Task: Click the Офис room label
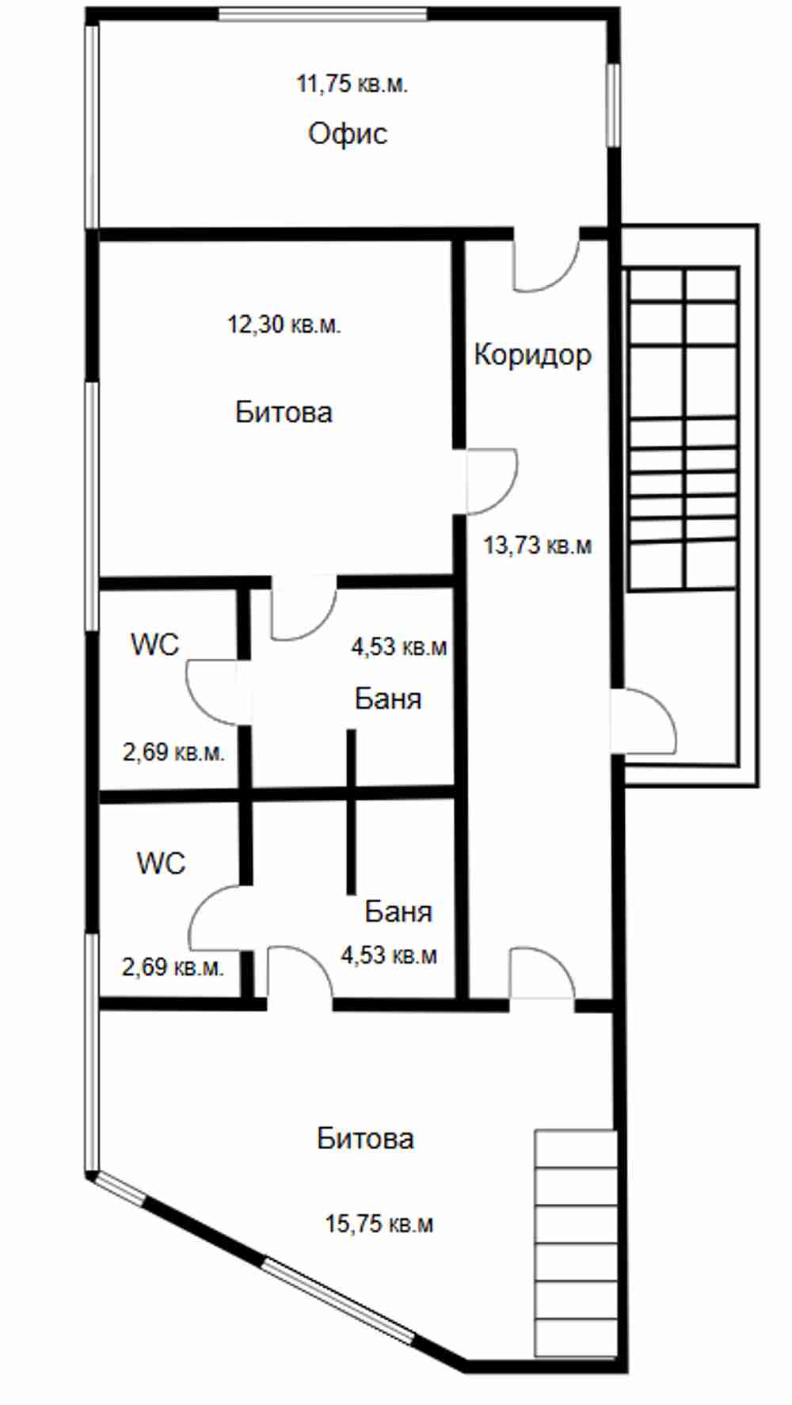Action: point(348,134)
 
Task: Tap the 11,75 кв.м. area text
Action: point(352,83)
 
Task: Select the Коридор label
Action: point(532,355)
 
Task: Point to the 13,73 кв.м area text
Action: point(538,545)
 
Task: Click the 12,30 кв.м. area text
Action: point(284,324)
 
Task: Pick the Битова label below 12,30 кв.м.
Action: point(284,412)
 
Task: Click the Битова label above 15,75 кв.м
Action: point(365,1138)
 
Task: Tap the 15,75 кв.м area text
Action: point(379,1224)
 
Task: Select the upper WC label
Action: point(155,645)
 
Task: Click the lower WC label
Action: point(161,862)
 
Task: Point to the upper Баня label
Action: point(388,699)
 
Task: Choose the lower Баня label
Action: point(398,912)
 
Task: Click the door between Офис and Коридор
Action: point(546,261)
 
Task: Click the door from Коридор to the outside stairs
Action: point(643,721)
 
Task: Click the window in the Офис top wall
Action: point(323,14)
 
